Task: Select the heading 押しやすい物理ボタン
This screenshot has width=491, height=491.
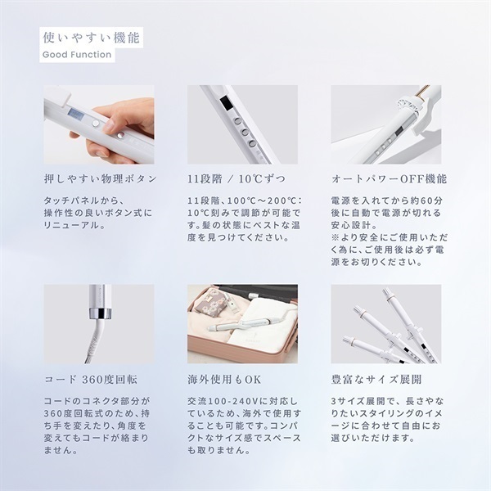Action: click(99, 178)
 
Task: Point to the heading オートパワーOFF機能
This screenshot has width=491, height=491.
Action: click(384, 178)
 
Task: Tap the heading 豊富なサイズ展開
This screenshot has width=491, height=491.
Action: click(372, 380)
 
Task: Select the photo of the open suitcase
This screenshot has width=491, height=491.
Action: click(242, 324)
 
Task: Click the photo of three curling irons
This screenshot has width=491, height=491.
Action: click(385, 324)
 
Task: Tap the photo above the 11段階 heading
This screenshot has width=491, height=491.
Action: click(242, 124)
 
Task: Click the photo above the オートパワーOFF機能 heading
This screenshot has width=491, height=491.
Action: click(385, 124)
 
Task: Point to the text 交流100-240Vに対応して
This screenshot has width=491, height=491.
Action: click(240, 402)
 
